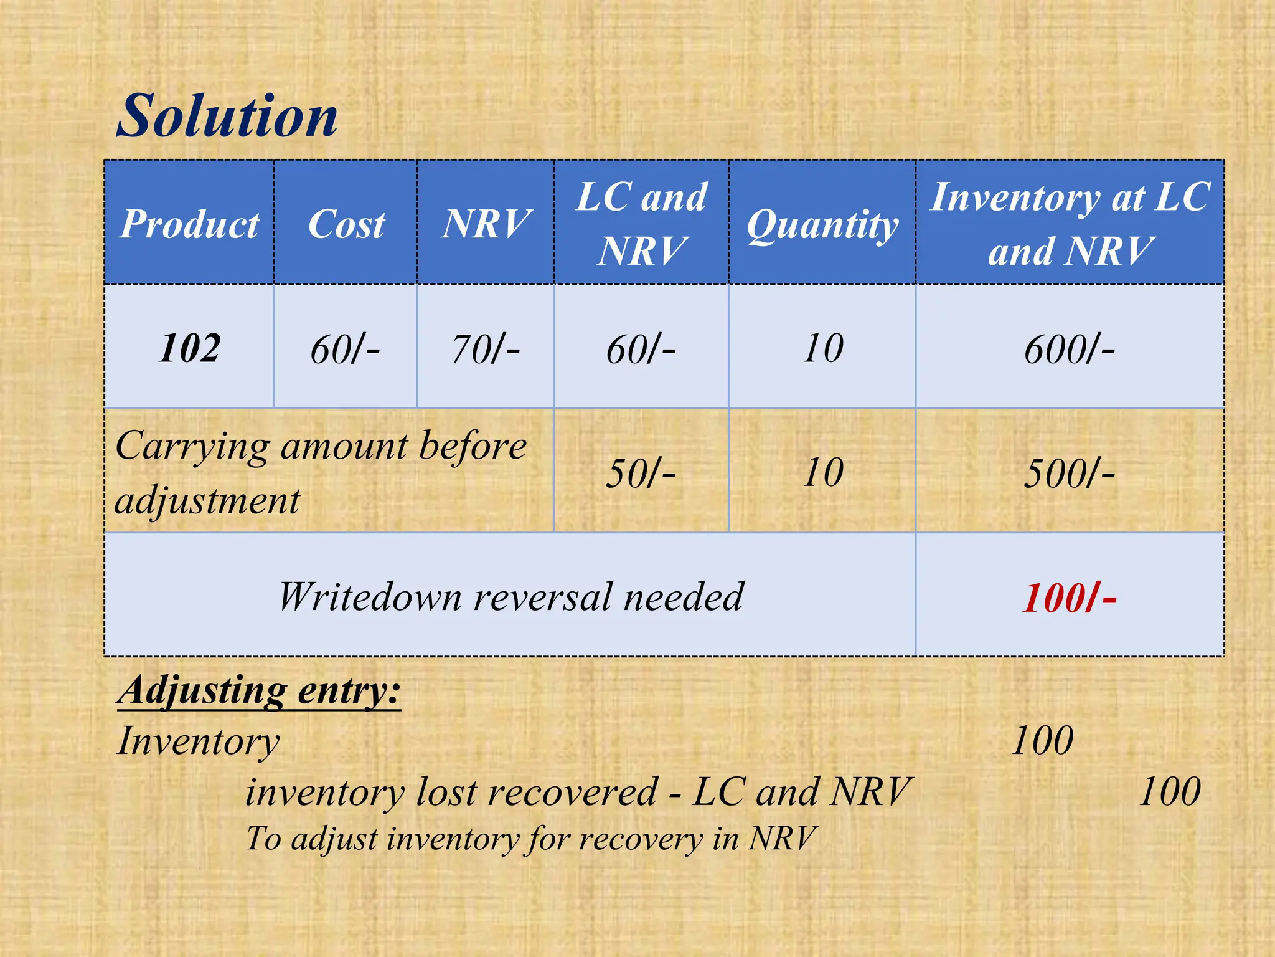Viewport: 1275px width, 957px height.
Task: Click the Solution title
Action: pos(227,117)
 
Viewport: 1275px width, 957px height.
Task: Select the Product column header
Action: pos(189,224)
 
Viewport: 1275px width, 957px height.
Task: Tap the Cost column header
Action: pos(346,224)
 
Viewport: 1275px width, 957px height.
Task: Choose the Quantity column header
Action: pos(822,224)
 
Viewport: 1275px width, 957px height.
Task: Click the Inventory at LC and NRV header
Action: pos(1070,224)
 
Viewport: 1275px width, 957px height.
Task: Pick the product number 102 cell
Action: pos(189,348)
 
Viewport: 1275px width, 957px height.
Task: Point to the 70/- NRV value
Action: pos(486,349)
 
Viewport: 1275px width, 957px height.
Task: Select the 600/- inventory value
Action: pos(1070,349)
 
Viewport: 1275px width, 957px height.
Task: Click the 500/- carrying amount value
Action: pos(1070,473)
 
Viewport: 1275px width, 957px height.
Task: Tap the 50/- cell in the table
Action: pos(641,473)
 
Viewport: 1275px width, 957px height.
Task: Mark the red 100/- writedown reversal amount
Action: pos(1070,598)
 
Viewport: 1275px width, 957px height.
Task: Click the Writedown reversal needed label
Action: pos(510,596)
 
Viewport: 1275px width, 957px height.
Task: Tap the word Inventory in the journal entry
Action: pos(198,741)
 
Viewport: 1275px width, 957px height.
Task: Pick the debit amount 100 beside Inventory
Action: pos(1042,741)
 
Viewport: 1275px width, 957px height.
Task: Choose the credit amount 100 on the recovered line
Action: pos(1170,792)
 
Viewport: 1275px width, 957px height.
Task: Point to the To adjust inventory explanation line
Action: pos(530,838)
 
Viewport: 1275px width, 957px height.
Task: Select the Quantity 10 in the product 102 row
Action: pos(822,348)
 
